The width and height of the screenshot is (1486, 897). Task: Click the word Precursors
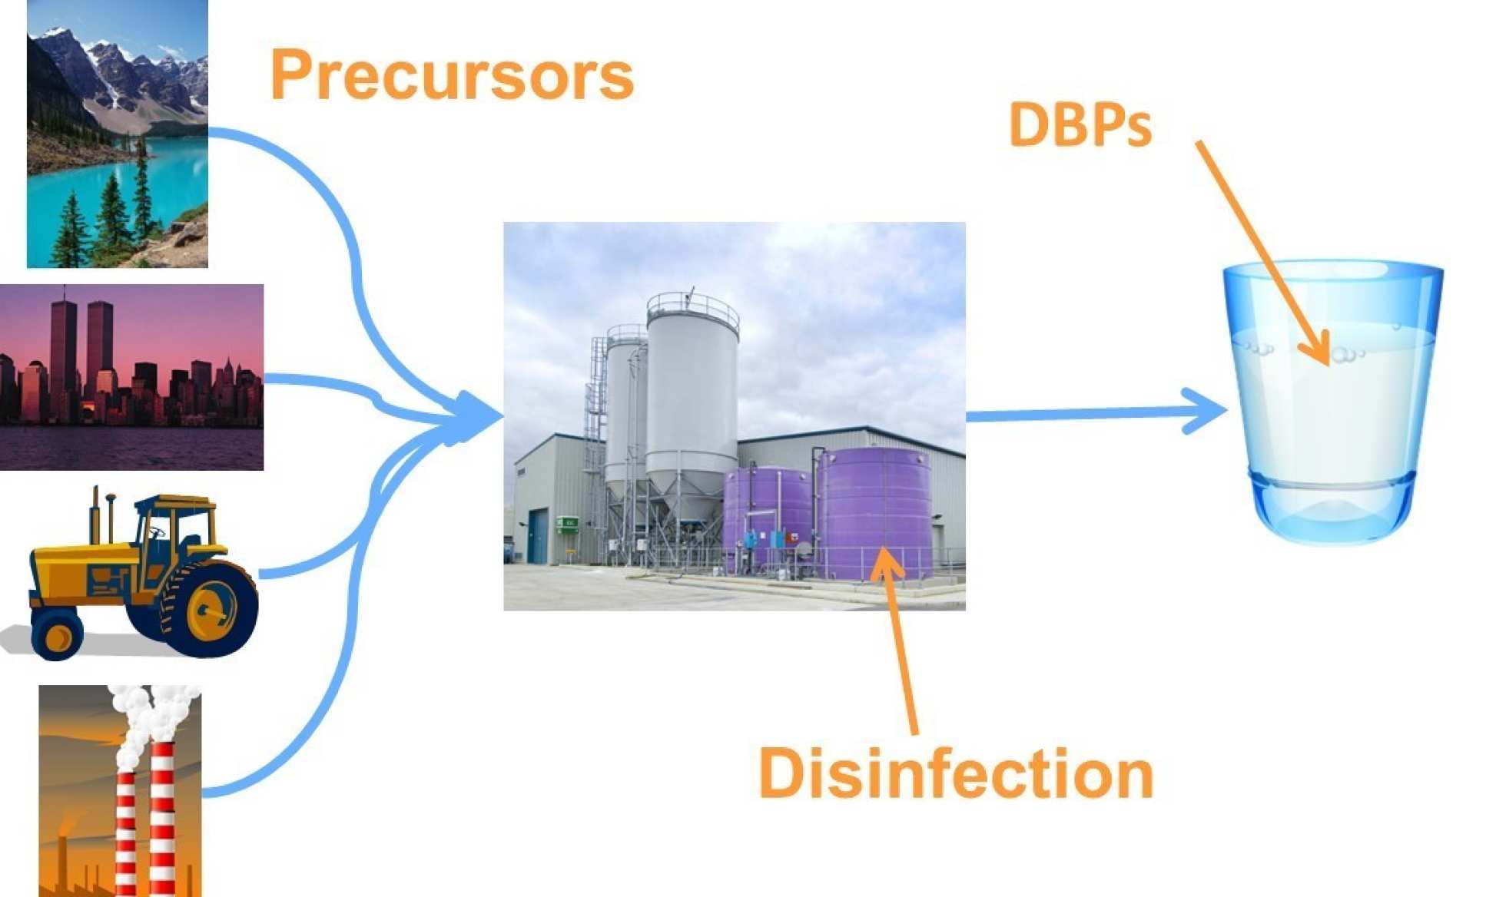(452, 75)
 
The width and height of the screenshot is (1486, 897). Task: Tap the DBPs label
(1080, 124)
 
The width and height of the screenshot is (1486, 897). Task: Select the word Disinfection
(956, 773)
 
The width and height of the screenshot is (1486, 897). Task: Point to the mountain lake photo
(117, 134)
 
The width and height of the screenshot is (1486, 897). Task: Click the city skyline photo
(131, 377)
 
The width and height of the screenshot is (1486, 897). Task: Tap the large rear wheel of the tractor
(210, 607)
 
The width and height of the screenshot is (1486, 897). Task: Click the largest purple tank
(874, 511)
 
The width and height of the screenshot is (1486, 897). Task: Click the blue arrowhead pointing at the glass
(1206, 411)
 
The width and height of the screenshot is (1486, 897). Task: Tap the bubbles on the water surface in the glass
(1345, 354)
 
